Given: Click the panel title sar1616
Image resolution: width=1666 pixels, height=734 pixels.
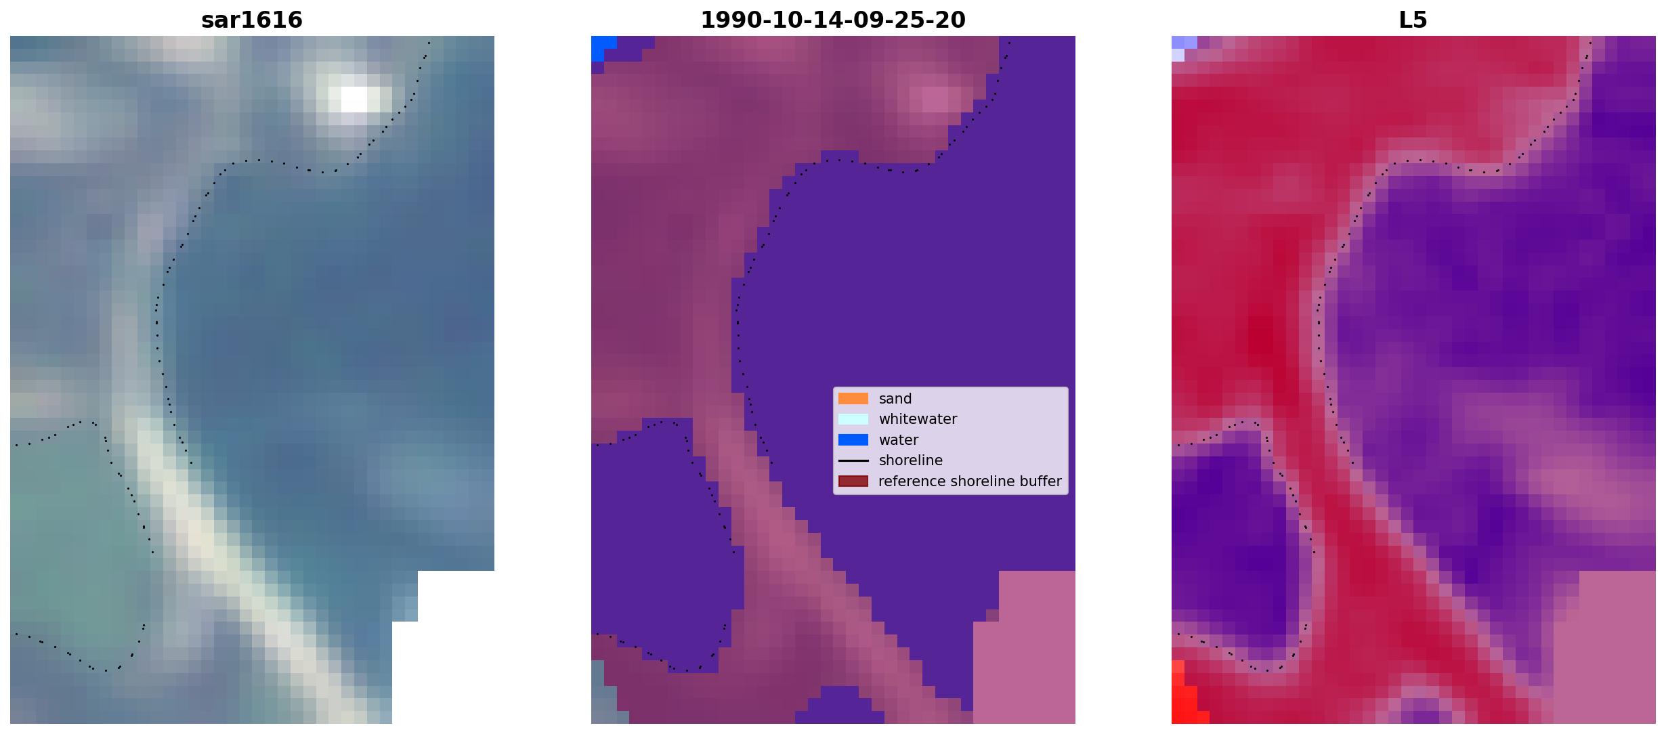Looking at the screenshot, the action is click(x=252, y=20).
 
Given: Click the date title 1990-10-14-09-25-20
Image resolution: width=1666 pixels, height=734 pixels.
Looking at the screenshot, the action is click(x=833, y=20).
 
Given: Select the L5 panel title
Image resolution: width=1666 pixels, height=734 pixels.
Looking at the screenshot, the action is click(x=1413, y=20).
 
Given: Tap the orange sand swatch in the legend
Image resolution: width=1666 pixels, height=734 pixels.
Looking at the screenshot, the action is click(x=853, y=399).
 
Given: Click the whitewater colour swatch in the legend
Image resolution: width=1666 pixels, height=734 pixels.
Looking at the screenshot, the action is click(x=853, y=419).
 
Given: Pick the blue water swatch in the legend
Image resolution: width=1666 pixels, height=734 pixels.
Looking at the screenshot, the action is click(x=853, y=440).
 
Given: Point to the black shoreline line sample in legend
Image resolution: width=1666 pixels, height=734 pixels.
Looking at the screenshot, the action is click(x=853, y=460).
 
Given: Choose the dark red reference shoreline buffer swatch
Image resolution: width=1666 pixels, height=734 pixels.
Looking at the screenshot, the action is click(x=853, y=481).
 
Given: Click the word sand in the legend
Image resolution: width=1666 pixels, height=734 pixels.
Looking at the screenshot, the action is click(x=895, y=399).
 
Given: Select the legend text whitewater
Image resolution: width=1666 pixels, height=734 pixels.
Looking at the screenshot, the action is click(x=918, y=419).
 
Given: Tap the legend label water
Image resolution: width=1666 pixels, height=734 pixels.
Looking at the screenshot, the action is click(x=899, y=440).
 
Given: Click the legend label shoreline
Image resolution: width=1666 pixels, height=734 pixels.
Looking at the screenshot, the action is click(x=911, y=460).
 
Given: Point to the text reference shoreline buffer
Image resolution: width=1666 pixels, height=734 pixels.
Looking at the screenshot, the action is click(x=970, y=481).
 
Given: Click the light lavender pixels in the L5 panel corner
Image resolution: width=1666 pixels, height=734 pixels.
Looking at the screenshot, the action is click(x=1182, y=47).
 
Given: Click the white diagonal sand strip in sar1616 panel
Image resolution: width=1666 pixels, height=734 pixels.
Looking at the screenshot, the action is click(x=237, y=569).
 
